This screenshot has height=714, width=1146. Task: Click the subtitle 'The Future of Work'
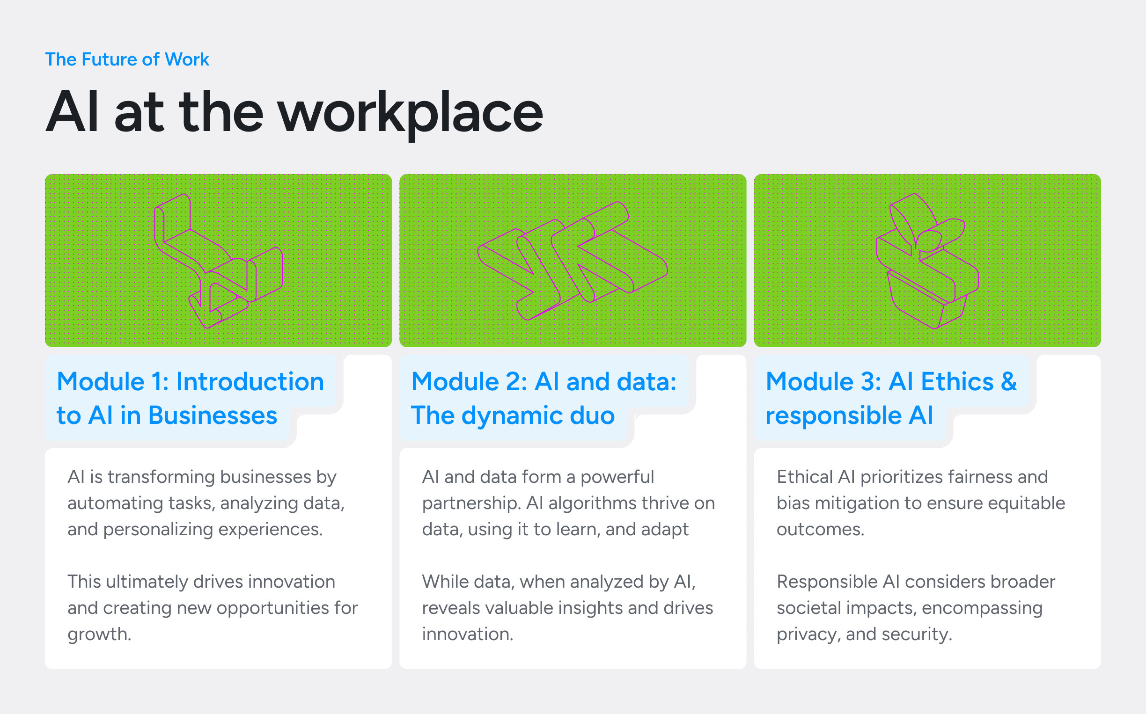tap(127, 59)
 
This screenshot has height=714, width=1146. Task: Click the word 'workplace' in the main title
tap(411, 113)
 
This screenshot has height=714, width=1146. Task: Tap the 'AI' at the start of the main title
tap(72, 111)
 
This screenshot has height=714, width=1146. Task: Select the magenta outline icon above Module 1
tap(218, 261)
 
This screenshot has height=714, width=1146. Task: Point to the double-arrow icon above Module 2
tap(573, 261)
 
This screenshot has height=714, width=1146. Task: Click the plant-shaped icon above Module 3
tap(927, 261)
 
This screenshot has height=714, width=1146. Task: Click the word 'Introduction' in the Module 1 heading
tap(250, 381)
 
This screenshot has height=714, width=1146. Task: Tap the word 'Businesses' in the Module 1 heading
tap(213, 415)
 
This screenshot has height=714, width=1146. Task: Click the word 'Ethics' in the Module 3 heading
tap(957, 381)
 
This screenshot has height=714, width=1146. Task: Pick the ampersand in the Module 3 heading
tap(1009, 381)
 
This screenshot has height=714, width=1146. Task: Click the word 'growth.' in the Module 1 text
tap(99, 634)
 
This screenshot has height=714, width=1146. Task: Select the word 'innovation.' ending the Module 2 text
tap(467, 634)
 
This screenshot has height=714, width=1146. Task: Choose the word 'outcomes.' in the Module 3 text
tap(820, 529)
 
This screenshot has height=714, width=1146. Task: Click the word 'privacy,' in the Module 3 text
tap(808, 634)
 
